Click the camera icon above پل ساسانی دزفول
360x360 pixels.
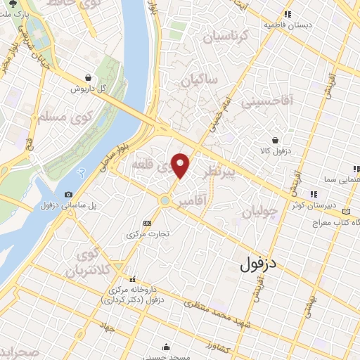click(x=68, y=194)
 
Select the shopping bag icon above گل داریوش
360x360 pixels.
click(x=87, y=78)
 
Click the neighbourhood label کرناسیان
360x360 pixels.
click(x=225, y=34)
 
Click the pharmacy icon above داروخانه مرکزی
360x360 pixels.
click(x=134, y=279)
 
